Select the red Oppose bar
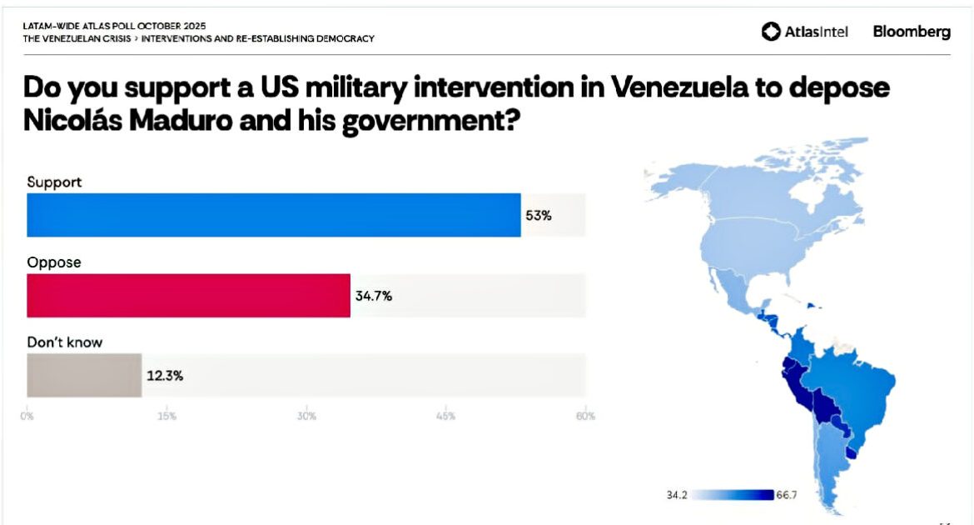click(x=188, y=295)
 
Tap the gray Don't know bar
click(x=84, y=375)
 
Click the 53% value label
click(x=539, y=215)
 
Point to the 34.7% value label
click(x=374, y=295)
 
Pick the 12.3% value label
click(x=165, y=375)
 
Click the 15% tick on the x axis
click(x=166, y=416)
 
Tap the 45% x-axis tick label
click(x=445, y=416)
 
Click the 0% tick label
click(x=27, y=416)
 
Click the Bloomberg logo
click(x=912, y=32)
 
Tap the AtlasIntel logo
click(x=805, y=32)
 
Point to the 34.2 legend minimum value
click(x=677, y=495)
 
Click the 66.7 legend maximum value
click(x=788, y=495)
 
